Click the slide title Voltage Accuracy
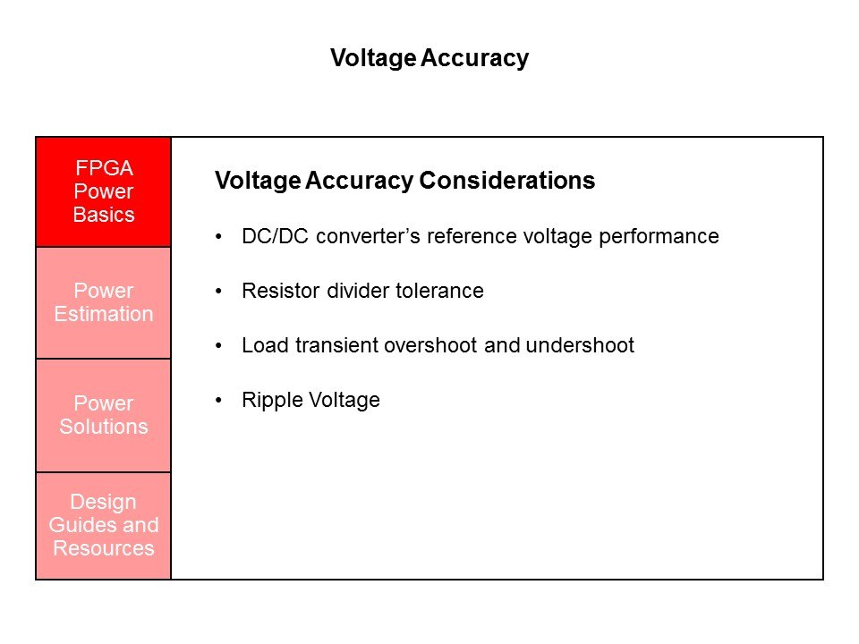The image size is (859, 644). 429,58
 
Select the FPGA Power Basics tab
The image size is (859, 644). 104,191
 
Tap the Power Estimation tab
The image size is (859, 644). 104,303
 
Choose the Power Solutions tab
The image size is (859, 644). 104,415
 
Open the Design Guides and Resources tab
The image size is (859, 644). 104,526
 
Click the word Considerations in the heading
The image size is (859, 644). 506,180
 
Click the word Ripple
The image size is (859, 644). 273,401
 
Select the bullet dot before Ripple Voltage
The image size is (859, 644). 218,401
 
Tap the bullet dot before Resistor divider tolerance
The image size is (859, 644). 218,292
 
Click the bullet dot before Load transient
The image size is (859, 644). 218,346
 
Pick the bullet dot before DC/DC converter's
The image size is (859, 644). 218,237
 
